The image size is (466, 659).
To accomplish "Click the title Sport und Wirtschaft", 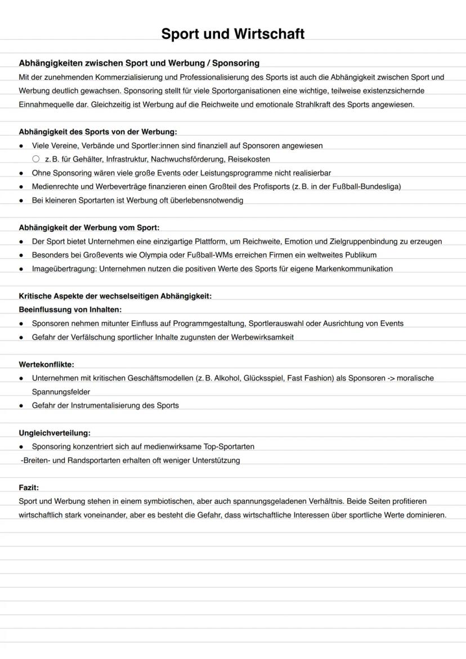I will [x=232, y=34].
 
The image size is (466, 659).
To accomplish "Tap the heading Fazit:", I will [x=29, y=487].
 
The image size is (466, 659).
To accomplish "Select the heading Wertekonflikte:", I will [x=46, y=365].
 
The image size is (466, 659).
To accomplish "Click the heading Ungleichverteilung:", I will [x=55, y=433].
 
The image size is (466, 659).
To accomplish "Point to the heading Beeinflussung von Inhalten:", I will [x=70, y=310].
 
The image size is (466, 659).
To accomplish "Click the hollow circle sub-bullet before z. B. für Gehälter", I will [x=36, y=159].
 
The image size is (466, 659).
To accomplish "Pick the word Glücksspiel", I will [x=263, y=378].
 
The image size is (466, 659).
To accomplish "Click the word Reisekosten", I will [x=249, y=159].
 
